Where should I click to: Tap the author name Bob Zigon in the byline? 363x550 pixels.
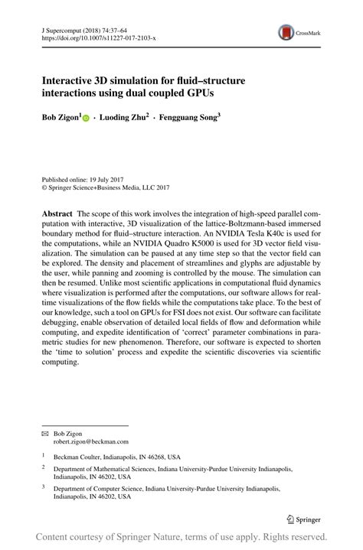[x=58, y=119]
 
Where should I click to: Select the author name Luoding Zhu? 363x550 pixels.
[x=123, y=119]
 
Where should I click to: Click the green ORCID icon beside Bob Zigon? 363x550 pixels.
[x=85, y=119]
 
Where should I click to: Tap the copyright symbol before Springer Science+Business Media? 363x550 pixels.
[x=44, y=187]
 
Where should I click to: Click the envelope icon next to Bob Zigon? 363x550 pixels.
[x=44, y=432]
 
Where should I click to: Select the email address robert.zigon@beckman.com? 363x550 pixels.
[x=90, y=441]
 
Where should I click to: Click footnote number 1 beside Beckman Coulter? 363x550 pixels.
[x=44, y=454]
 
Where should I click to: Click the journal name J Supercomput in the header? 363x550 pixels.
[x=64, y=27]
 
